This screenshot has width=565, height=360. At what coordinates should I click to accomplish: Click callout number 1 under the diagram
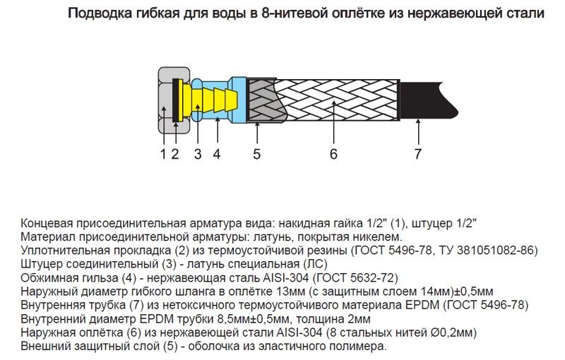[163, 154]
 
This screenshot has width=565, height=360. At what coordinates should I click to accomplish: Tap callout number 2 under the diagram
[175, 154]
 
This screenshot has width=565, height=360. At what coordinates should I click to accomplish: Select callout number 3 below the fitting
[198, 154]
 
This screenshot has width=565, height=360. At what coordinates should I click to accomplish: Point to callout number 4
[217, 154]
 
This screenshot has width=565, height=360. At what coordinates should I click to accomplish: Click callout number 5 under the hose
[256, 154]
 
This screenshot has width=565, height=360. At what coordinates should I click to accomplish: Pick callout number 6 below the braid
[333, 154]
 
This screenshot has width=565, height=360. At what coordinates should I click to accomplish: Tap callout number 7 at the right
[417, 154]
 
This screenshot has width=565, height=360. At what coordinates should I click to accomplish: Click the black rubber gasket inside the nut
[175, 100]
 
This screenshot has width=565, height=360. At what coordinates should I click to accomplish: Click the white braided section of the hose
[335, 100]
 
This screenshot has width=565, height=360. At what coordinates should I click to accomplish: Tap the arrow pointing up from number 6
[334, 122]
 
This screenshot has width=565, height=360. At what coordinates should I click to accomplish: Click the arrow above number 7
[418, 132]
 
